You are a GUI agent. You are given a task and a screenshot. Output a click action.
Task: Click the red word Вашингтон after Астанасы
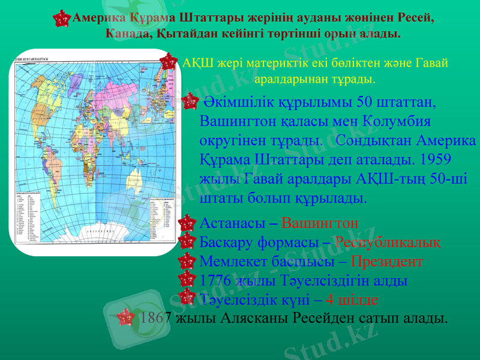(320, 224)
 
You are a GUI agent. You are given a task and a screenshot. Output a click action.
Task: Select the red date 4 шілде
(352, 299)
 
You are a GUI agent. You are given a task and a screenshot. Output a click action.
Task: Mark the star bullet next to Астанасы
(188, 224)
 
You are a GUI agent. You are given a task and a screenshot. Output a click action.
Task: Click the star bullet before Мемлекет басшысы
(188, 262)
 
